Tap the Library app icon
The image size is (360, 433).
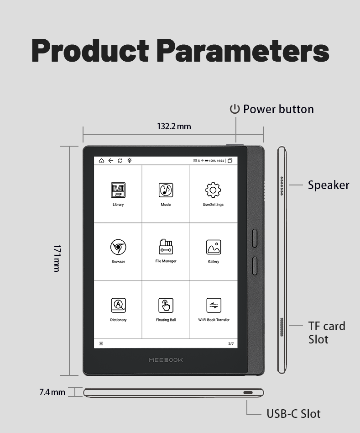click(118, 190)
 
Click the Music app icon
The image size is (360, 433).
click(166, 190)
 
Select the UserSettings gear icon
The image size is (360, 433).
click(213, 190)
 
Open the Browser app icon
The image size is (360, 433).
click(118, 247)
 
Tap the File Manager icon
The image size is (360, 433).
click(166, 247)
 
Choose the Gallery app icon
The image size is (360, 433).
click(213, 247)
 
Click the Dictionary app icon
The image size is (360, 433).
click(118, 305)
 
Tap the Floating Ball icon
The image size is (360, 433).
click(166, 305)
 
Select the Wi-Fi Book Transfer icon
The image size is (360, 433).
click(214, 305)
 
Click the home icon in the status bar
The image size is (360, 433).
click(101, 161)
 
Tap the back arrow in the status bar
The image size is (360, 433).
click(110, 161)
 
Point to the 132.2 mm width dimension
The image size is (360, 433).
click(174, 126)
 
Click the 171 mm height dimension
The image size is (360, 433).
click(57, 258)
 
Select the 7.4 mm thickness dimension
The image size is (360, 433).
click(52, 392)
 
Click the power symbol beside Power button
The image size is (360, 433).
click(235, 109)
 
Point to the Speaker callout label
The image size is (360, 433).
click(328, 185)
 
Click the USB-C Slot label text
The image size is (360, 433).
click(293, 414)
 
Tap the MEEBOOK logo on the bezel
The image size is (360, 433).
click(166, 360)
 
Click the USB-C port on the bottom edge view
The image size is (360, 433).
click(248, 392)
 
